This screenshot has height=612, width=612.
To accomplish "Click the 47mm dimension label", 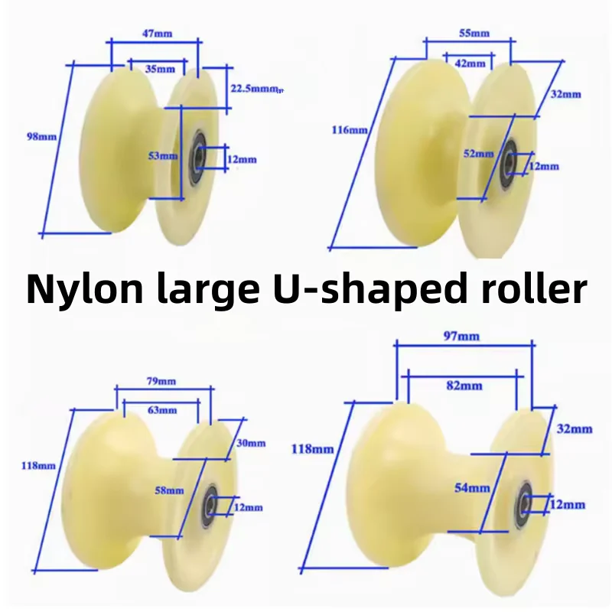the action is (x=157, y=34).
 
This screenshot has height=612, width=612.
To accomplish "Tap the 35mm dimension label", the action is (x=160, y=69).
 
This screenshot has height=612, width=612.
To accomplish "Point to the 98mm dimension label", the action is (x=41, y=137).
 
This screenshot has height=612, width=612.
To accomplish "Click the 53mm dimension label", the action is (x=163, y=156).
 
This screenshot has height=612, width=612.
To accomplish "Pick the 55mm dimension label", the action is (x=474, y=33).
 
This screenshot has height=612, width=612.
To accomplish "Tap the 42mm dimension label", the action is (x=470, y=63).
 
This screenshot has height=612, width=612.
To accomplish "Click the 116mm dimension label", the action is (x=350, y=129).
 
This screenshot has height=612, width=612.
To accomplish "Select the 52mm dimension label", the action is (x=479, y=154).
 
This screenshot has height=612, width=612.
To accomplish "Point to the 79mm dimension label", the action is (x=161, y=381).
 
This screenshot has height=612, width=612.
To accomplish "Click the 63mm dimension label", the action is (x=162, y=410).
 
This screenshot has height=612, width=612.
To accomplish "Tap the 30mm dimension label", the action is (x=251, y=443).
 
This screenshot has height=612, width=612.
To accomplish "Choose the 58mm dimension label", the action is (x=169, y=490).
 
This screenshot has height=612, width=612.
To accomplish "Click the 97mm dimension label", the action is (x=461, y=336).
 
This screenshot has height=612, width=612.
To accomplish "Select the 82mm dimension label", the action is (x=464, y=386).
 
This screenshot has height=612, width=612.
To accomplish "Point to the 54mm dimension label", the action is (x=472, y=488).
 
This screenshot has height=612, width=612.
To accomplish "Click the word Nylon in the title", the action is (x=85, y=290).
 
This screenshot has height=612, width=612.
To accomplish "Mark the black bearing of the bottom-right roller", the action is (x=524, y=503).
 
